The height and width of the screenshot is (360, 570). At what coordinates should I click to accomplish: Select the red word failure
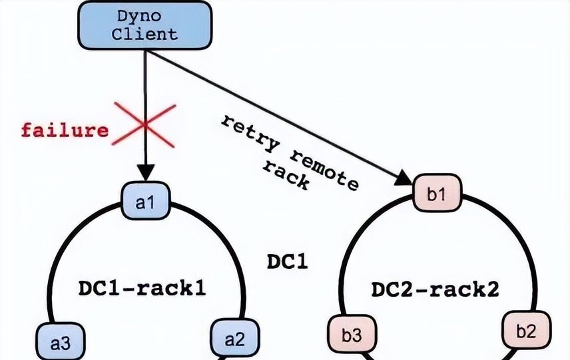[65, 129]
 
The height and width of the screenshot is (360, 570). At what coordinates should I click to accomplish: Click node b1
[435, 194]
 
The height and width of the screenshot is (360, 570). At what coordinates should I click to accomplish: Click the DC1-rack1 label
[142, 288]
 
